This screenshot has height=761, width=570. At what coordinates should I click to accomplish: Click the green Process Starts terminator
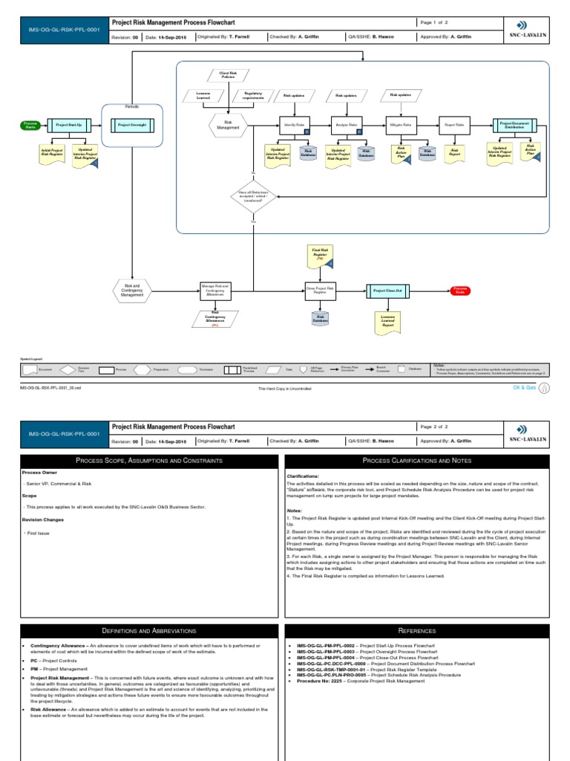[x=30, y=125]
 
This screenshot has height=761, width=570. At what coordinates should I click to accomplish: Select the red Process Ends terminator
[x=460, y=291]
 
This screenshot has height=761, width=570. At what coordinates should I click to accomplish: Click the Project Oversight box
[x=131, y=125]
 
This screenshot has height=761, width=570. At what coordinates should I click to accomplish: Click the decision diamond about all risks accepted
[x=253, y=196]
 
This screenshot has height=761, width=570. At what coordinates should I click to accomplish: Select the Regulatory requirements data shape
[x=252, y=95]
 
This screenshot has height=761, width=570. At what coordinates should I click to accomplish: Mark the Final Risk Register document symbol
[x=318, y=256]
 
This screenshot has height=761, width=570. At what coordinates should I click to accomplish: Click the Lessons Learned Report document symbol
[x=389, y=320]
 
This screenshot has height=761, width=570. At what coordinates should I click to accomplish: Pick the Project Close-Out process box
[x=389, y=291]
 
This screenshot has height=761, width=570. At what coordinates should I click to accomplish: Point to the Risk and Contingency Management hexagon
[x=132, y=291]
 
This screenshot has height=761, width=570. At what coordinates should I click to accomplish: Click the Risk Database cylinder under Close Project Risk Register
[x=321, y=319]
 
